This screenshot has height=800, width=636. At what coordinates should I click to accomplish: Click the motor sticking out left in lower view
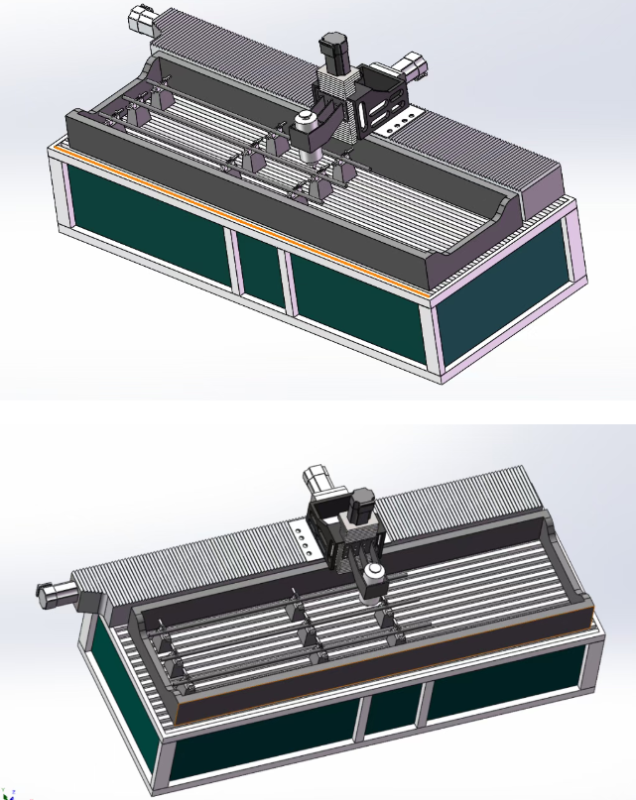(x=55, y=593)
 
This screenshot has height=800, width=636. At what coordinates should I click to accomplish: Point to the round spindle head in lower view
(x=374, y=578)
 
